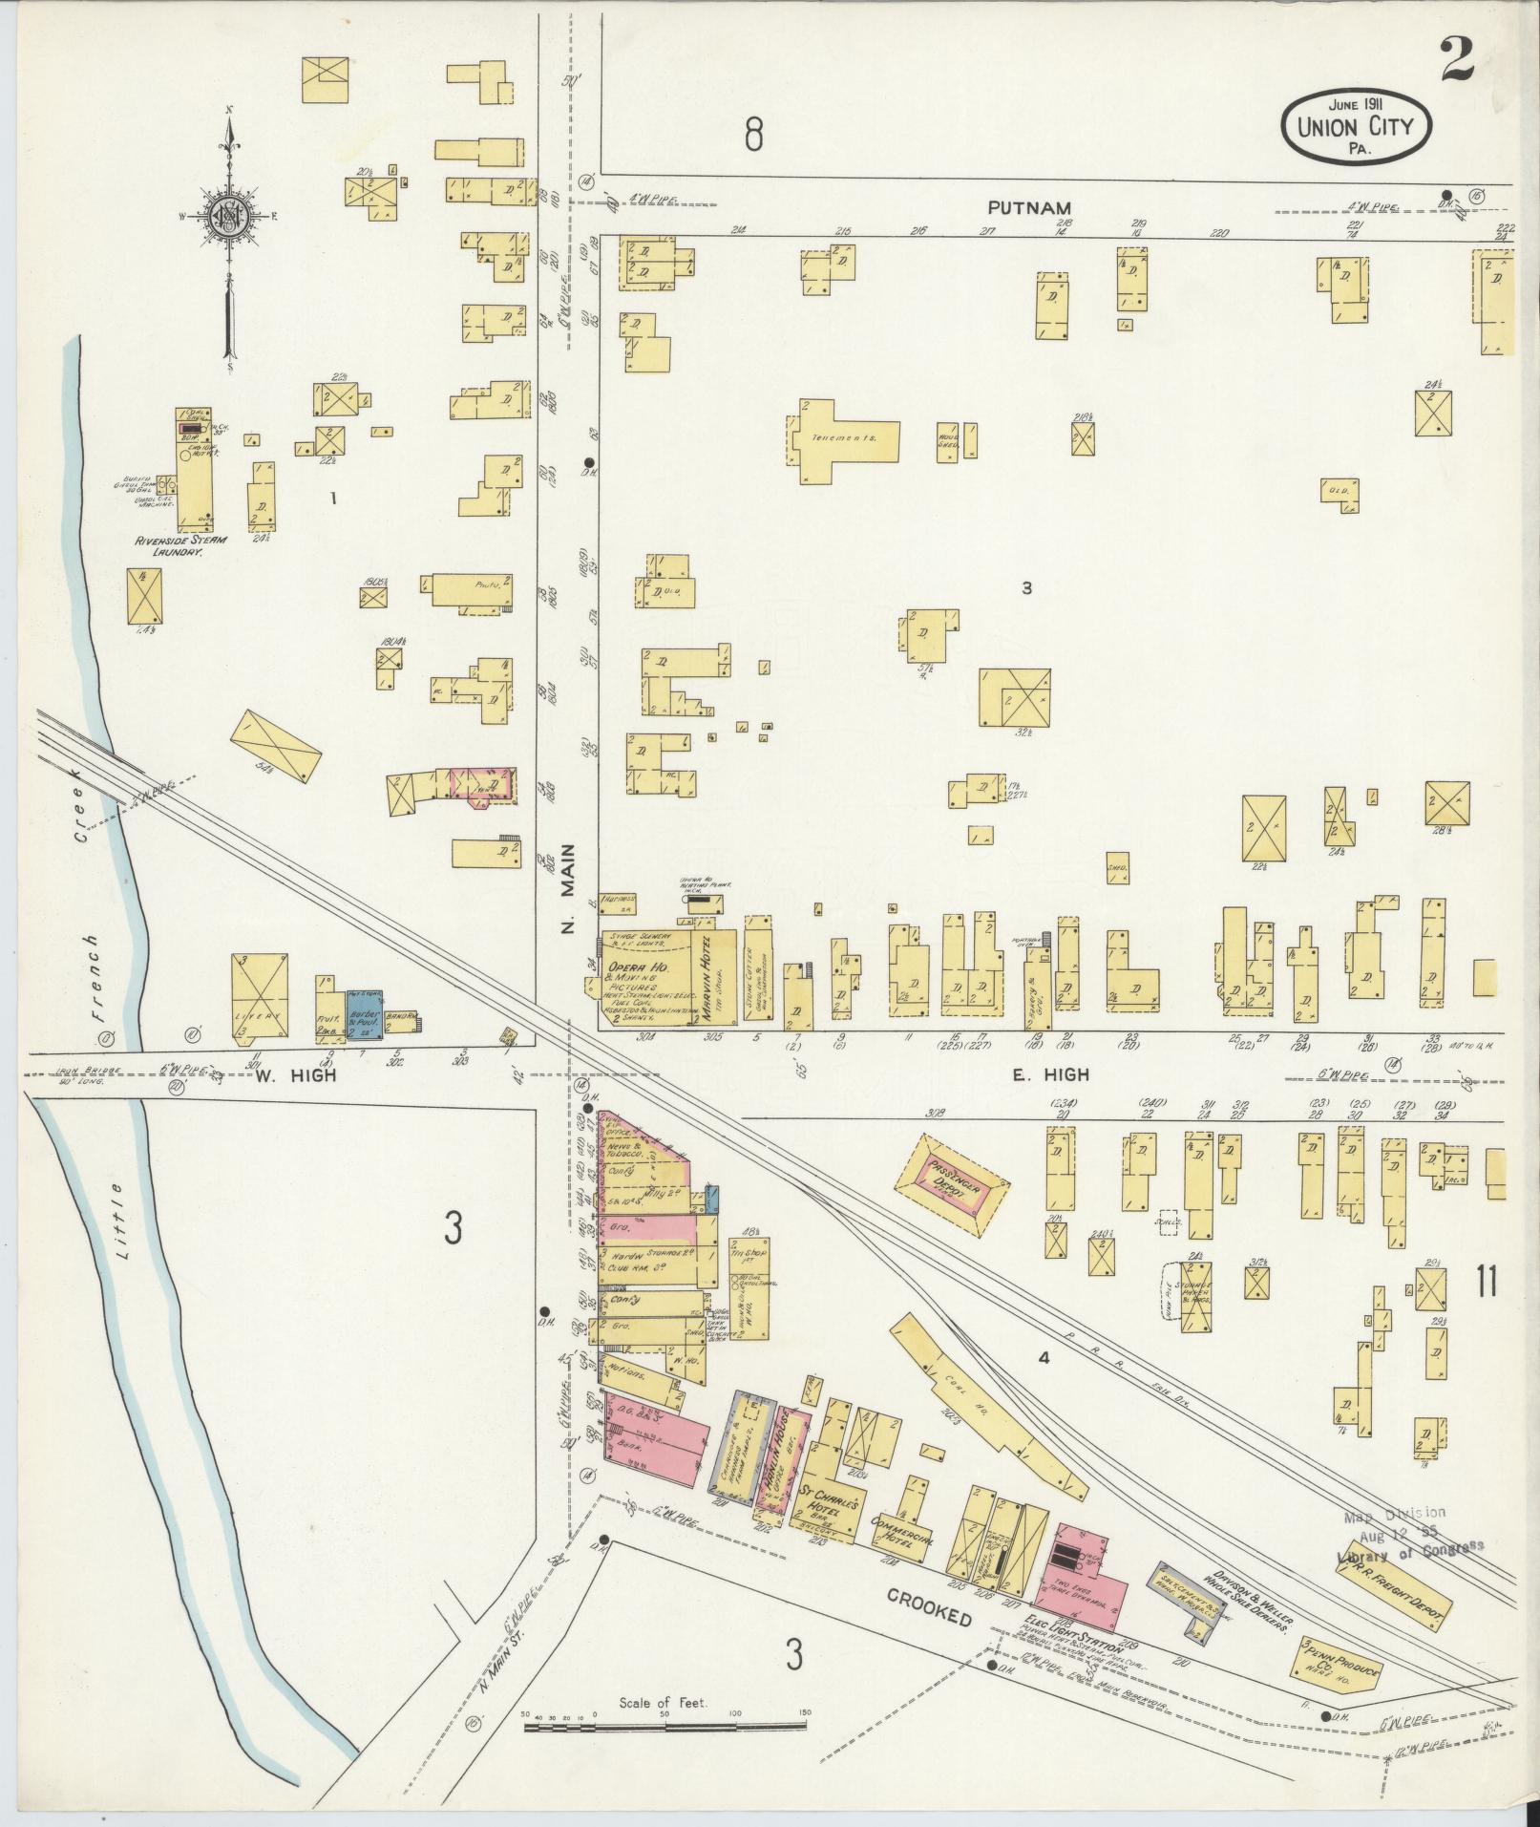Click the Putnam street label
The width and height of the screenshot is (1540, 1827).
[x=1029, y=207]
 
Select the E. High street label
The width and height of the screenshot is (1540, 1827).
[x=1050, y=1074]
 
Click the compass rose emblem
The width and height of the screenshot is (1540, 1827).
[x=229, y=215]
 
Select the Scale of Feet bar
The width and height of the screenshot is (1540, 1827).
[x=666, y=1726]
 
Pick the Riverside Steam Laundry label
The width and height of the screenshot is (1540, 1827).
[x=181, y=546]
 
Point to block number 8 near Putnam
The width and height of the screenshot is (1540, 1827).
[x=753, y=137]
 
